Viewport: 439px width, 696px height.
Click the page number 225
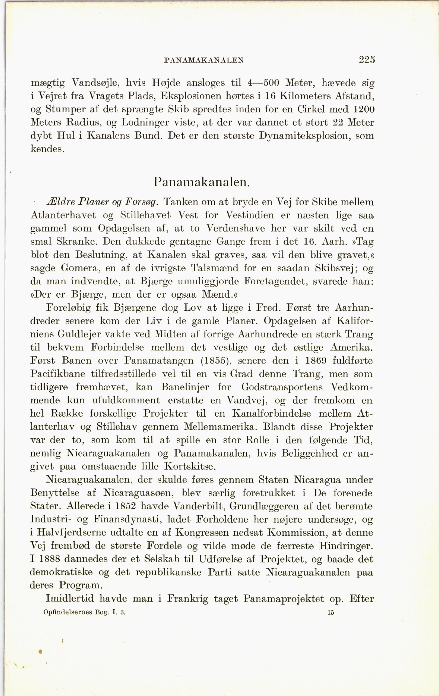(x=367, y=60)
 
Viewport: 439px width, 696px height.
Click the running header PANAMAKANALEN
(x=203, y=60)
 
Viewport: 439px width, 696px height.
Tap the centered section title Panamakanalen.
(x=201, y=182)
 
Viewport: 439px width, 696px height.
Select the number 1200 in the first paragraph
(x=364, y=109)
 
